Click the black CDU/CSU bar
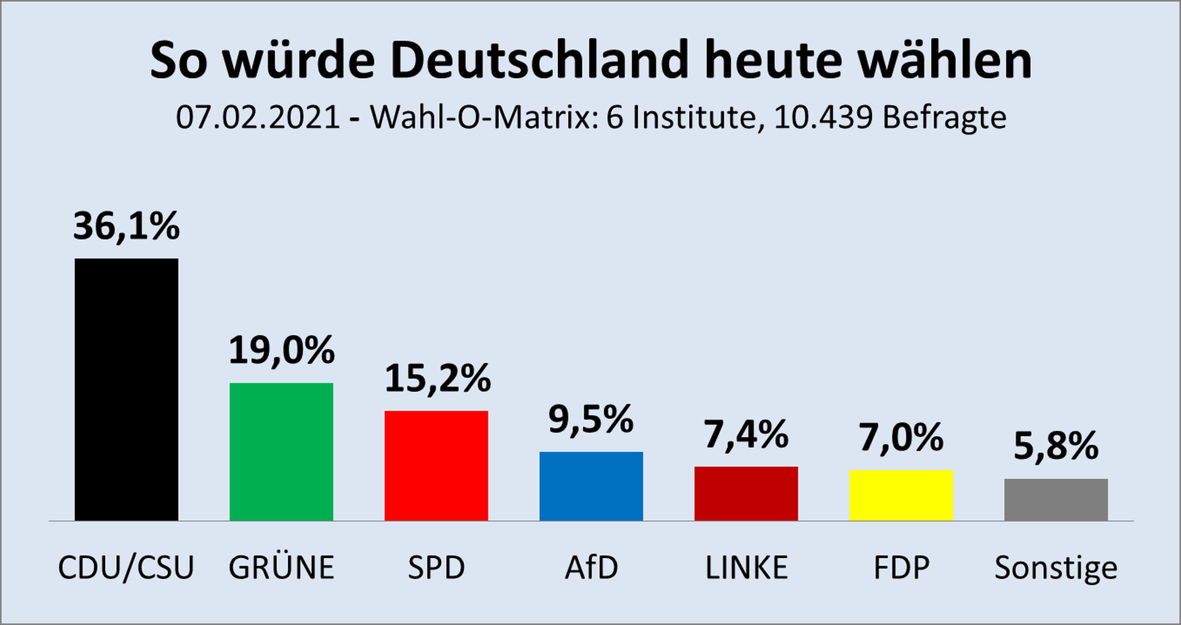pos(126,389)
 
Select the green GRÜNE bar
pos(281,452)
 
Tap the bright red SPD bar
pos(436,466)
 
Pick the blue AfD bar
pos(591,486)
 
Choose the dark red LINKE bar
pos(746,493)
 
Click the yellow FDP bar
pos(901,495)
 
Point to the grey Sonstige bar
pos(1056,500)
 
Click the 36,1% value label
pos(126,226)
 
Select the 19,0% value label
pos(281,351)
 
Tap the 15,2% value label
pos(437,378)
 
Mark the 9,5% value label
pos(590,420)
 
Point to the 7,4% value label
pos(746,435)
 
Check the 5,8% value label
pos(1056,446)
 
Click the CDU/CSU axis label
pos(126,567)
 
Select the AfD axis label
pos(591,567)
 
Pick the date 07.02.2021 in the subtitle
pos(258,117)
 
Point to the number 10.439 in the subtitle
pos(823,117)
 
